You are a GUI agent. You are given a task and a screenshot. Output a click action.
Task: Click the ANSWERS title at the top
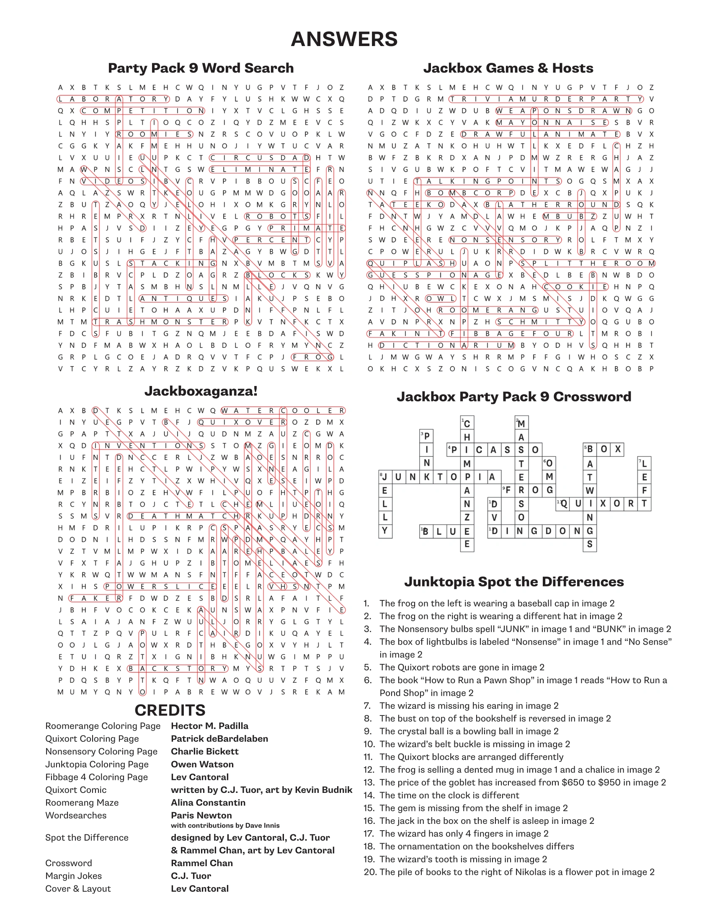click(x=344, y=39)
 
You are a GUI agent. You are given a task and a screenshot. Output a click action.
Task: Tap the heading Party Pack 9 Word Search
click(x=201, y=68)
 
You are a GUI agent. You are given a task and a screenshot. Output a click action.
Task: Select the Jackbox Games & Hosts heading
click(x=508, y=68)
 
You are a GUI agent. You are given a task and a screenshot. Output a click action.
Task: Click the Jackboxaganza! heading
click(x=201, y=391)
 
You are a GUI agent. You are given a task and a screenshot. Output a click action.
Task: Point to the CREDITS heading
click(x=170, y=710)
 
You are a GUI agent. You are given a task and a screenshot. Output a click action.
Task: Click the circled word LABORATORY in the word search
click(x=113, y=99)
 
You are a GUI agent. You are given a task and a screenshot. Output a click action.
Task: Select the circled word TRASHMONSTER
click(x=160, y=322)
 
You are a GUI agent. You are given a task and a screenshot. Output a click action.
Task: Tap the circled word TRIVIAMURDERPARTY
click(x=546, y=99)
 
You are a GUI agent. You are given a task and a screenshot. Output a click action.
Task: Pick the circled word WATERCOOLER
click(x=283, y=410)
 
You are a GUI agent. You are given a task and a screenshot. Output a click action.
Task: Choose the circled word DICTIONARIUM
click(x=447, y=345)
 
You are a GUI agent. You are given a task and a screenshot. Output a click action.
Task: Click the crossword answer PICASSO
click(x=494, y=450)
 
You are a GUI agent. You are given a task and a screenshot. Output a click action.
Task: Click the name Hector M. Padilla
click(x=210, y=726)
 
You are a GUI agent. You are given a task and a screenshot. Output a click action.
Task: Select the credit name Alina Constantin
click(x=208, y=803)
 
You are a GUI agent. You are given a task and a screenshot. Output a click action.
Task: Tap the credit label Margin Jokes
click(x=73, y=876)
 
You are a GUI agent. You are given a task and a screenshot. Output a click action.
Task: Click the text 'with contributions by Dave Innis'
click(x=225, y=825)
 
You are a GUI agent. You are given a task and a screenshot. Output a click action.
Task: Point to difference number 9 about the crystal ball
click(x=469, y=731)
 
